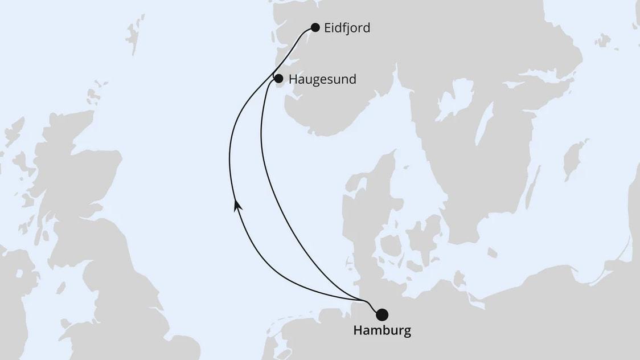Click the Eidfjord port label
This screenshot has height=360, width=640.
click(x=347, y=28)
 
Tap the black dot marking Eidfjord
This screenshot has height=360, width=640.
click(x=315, y=27)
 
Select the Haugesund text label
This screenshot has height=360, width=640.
click(x=322, y=79)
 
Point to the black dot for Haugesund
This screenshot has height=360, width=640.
click(x=278, y=79)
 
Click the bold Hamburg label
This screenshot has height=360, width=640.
click(x=382, y=331)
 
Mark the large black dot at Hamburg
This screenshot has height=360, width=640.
click(x=382, y=314)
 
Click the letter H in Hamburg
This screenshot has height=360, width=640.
click(x=358, y=331)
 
